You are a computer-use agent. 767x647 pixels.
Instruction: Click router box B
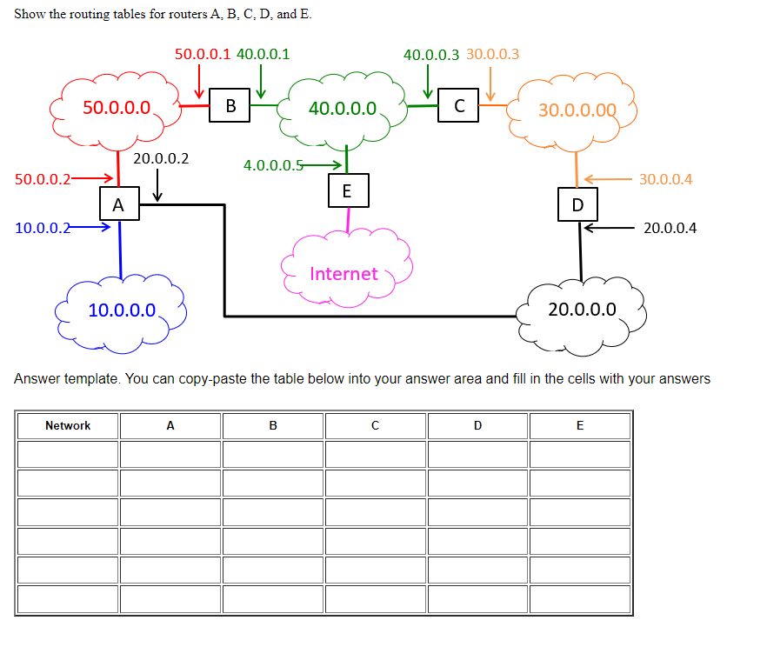[x=230, y=106]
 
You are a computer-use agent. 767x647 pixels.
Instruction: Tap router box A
[x=118, y=205]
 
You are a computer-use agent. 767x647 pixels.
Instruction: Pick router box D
[x=577, y=205]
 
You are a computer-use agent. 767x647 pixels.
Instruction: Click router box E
[x=348, y=190]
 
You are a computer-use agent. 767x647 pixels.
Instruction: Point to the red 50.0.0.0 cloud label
[x=117, y=108]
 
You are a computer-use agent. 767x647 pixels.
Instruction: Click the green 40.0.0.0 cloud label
[x=343, y=109]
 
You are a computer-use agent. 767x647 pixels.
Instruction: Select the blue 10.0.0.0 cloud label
[x=122, y=310]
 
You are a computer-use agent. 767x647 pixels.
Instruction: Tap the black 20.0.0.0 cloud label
[x=582, y=309]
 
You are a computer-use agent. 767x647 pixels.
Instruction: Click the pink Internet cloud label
[x=343, y=274]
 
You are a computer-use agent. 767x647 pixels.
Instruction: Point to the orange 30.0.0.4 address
[x=665, y=179]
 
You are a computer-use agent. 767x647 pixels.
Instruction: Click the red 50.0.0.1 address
[x=203, y=54]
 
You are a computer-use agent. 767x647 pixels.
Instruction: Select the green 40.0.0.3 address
[x=431, y=54]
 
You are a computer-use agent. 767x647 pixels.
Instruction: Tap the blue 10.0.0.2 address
[x=43, y=228]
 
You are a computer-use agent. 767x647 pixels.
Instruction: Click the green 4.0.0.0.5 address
[x=273, y=164]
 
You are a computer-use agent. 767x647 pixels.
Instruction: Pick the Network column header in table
[x=68, y=425]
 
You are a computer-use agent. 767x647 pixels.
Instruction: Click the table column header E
[x=580, y=425]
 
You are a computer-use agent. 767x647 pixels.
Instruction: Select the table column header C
[x=375, y=425]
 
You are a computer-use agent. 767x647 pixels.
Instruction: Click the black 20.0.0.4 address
[x=670, y=228]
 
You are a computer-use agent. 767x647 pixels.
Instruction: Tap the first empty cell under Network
[x=68, y=454]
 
